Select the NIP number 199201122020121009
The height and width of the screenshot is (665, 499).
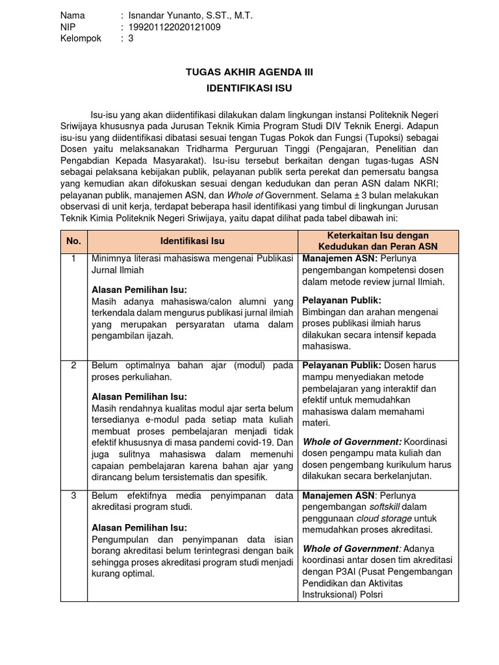pyautogui.click(x=175, y=27)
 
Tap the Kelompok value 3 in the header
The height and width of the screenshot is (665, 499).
pyautogui.click(x=131, y=38)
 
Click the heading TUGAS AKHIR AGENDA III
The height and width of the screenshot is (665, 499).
pyautogui.click(x=249, y=72)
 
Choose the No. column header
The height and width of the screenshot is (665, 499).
pyautogui.click(x=73, y=241)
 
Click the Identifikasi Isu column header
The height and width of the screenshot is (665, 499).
pyautogui.click(x=192, y=241)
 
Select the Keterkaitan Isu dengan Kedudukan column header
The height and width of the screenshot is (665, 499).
pyautogui.click(x=378, y=241)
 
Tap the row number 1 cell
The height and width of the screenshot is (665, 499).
pyautogui.click(x=73, y=259)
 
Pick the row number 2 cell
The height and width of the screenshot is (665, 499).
pyautogui.click(x=73, y=366)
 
